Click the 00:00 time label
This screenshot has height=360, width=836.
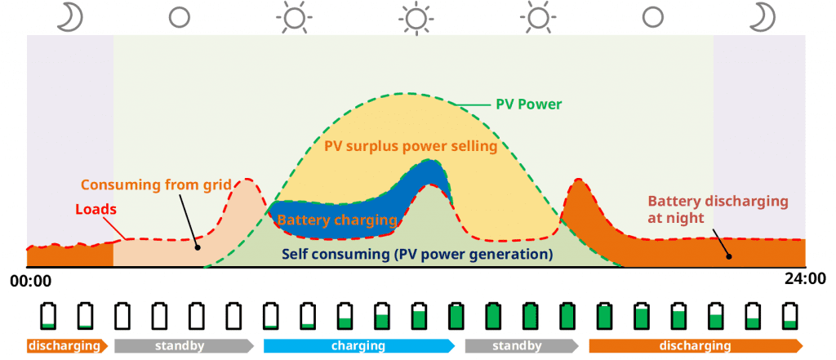tap(31, 280)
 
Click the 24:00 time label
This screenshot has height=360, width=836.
tap(805, 278)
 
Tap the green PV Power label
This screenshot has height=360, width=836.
tap(529, 104)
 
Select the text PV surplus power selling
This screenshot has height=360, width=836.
tap(411, 147)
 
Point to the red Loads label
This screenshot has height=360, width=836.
tap(96, 209)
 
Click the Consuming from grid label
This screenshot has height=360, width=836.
tap(156, 184)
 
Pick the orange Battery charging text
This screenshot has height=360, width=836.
tap(336, 220)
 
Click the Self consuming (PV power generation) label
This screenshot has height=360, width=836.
tap(417, 253)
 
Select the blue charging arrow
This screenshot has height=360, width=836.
tap(358, 345)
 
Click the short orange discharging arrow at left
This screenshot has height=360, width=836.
tap(67, 345)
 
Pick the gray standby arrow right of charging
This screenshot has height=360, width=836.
tap(520, 345)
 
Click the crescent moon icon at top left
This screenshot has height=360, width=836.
tap(70, 16)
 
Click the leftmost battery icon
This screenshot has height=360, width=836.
tap(49, 315)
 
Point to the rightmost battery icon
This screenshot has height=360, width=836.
tap(789, 315)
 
